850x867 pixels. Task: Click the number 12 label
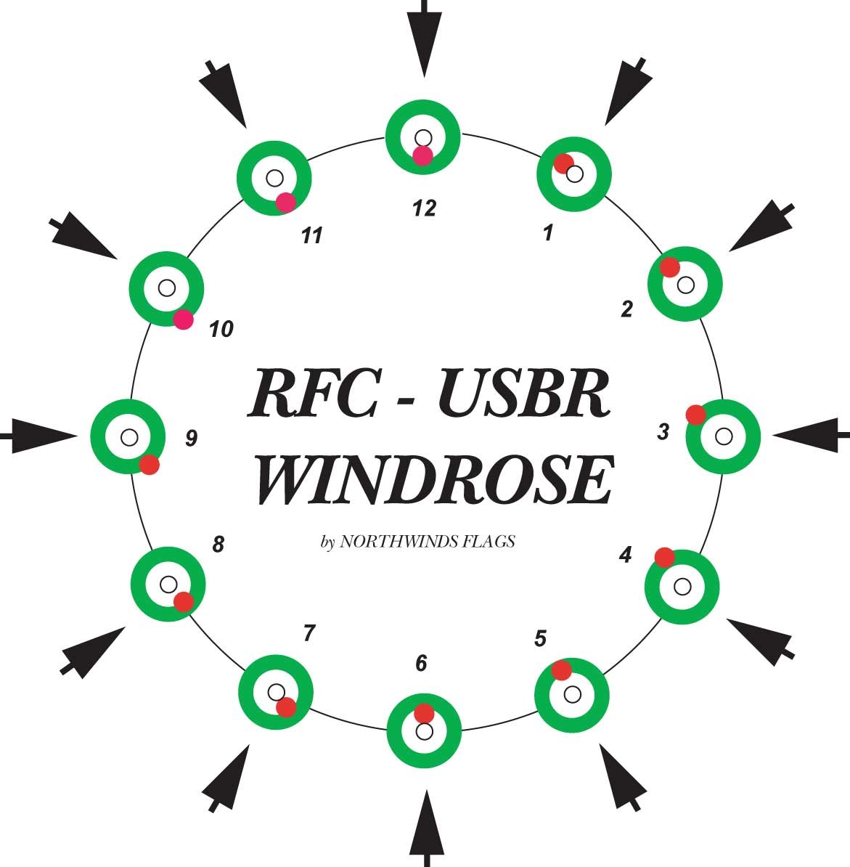424,208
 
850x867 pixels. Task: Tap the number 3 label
663,431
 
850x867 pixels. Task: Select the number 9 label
191,438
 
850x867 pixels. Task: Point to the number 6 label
421,664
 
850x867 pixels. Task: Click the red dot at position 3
695,415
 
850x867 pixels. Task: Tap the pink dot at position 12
422,155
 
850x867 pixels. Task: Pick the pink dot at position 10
184,319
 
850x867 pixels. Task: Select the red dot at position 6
424,713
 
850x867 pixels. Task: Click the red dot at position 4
664,557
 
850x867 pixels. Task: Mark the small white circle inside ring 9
129,437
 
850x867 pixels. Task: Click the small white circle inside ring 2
685,284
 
